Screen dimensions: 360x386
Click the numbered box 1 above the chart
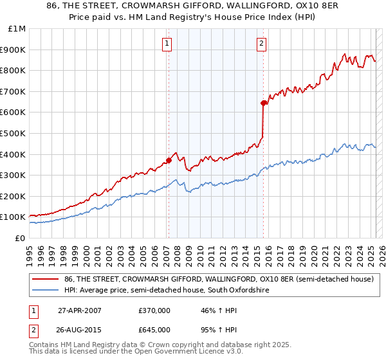(x=167, y=44)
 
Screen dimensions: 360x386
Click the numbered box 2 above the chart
(x=262, y=44)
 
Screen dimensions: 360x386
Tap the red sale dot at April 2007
(x=169, y=160)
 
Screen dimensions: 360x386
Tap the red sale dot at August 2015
(x=264, y=103)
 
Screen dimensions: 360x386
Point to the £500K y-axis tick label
(x=14, y=133)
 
